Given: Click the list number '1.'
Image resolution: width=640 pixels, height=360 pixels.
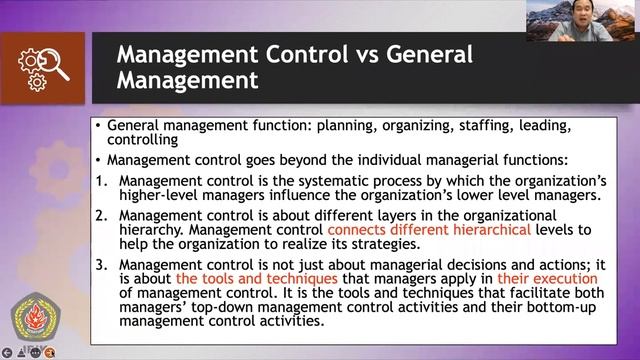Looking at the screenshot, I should point(101,181).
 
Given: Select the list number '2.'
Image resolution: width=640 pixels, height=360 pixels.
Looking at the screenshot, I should point(101,215).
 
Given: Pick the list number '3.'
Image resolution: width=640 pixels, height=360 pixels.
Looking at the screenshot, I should point(101,264).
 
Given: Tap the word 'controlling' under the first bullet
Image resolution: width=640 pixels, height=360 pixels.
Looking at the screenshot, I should point(142,141).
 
